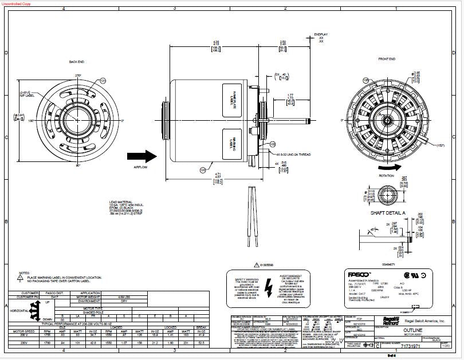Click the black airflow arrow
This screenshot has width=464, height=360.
click(x=141, y=156)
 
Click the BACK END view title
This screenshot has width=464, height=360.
click(x=77, y=62)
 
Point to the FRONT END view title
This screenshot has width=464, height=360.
click(x=387, y=60)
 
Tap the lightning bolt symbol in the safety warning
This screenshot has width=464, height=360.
click(x=269, y=287)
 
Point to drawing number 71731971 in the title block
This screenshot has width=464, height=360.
click(x=413, y=347)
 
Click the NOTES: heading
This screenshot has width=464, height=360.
click(x=25, y=273)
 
